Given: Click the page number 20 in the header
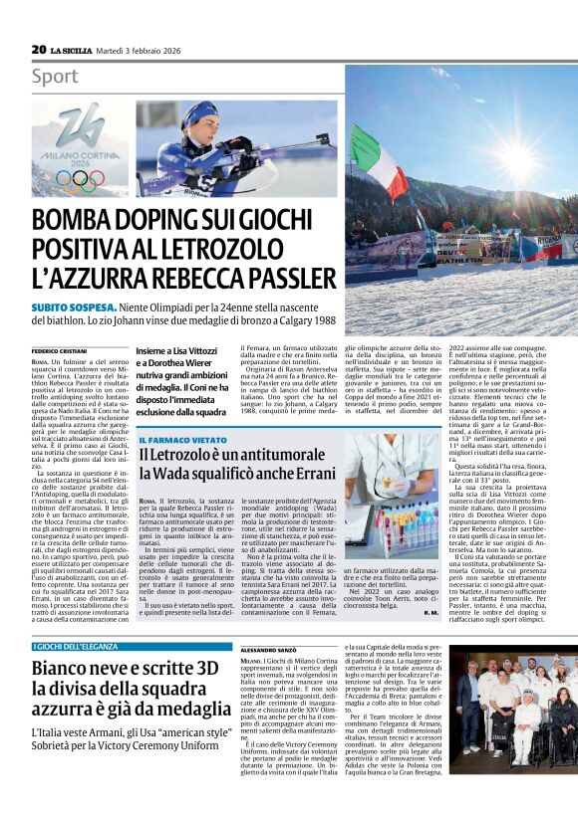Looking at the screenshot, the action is click(39, 49).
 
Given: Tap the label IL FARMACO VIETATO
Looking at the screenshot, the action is click(182, 439).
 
